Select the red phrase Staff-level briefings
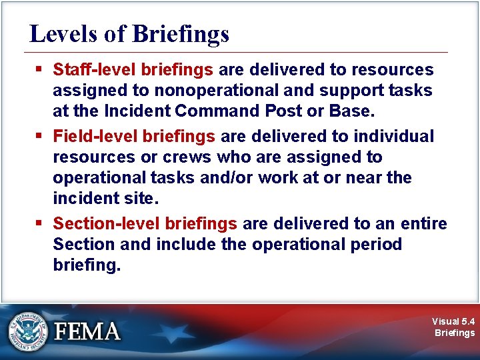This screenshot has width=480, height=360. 133,69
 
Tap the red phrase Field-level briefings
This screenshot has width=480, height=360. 134,137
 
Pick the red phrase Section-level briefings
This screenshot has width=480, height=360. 145,223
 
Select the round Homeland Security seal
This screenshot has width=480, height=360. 28,331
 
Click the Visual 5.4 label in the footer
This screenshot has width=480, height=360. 453,321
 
